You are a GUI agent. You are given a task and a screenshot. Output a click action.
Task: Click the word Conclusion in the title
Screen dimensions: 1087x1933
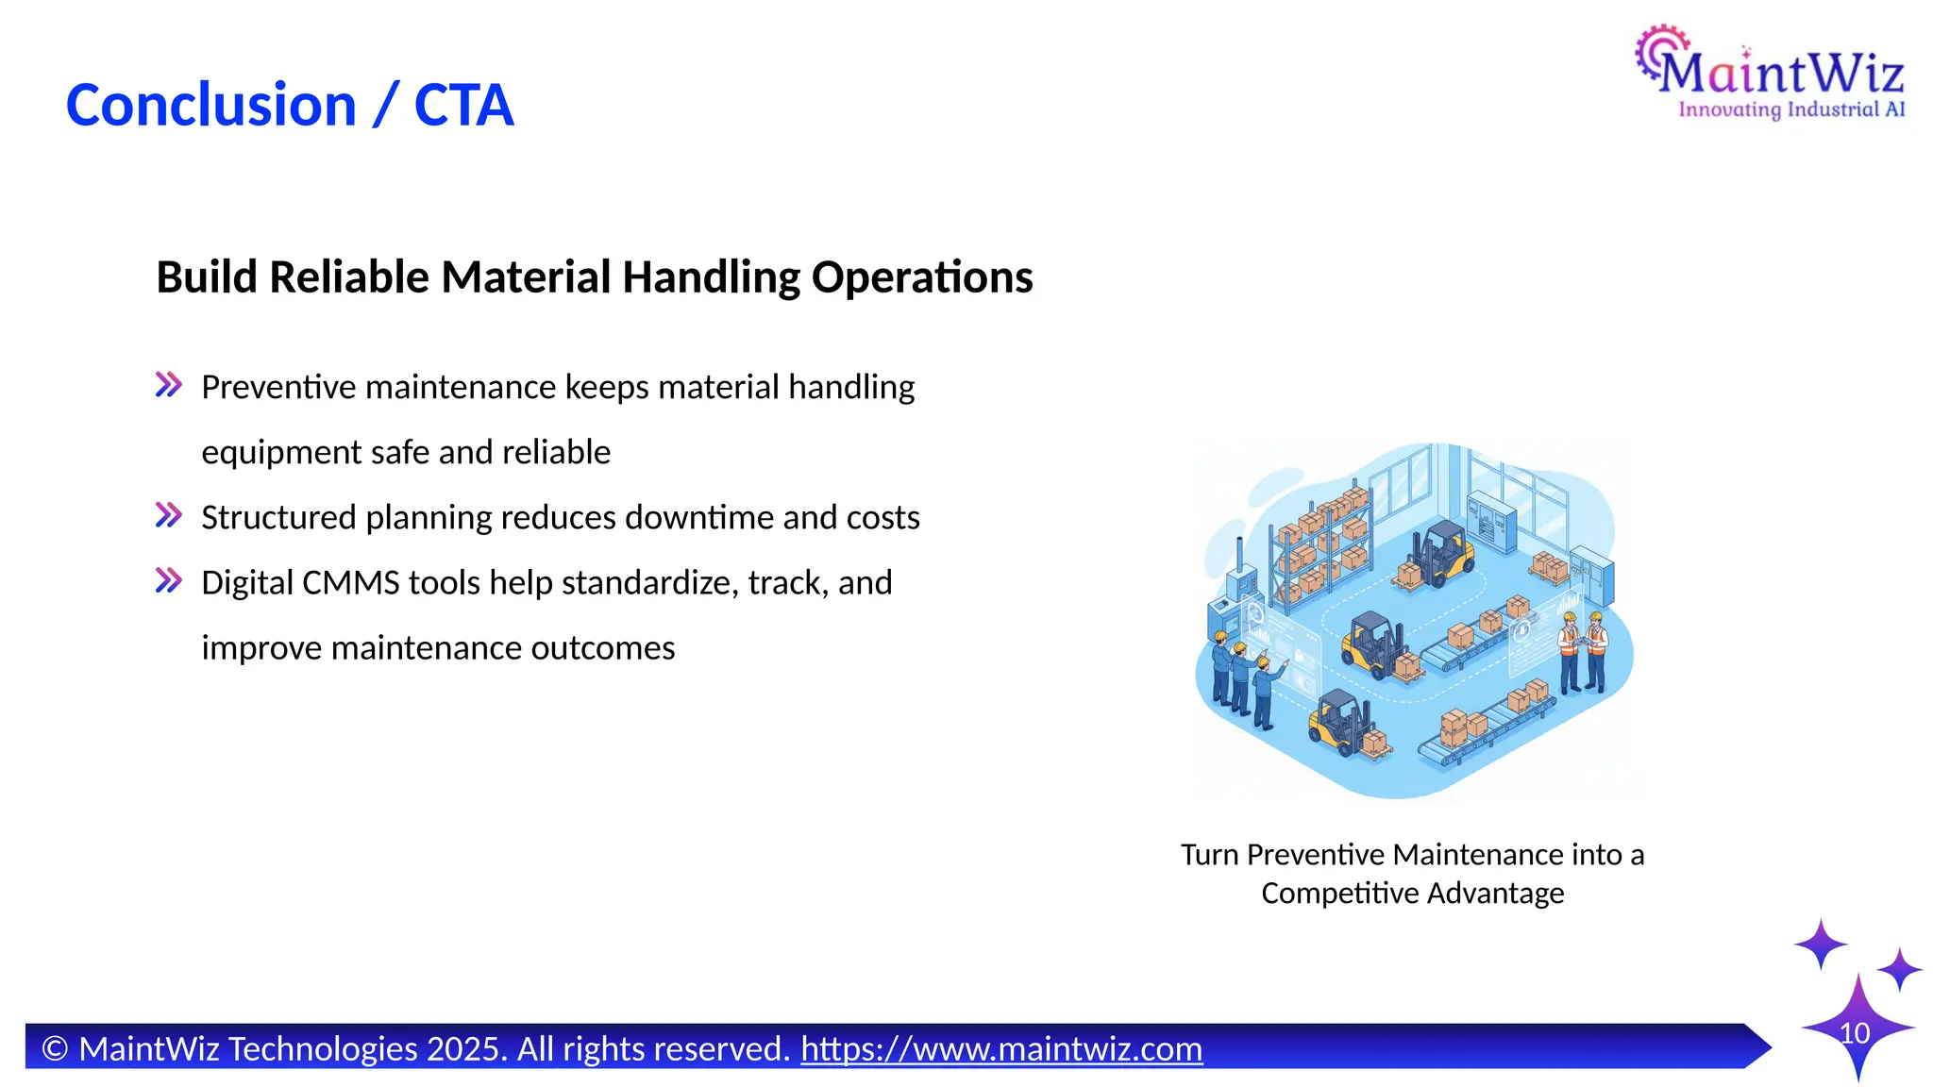click(x=210, y=105)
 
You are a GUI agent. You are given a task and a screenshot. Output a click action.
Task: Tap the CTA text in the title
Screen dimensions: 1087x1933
click(x=463, y=105)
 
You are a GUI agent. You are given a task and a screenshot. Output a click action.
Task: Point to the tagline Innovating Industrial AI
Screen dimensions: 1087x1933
click(x=1790, y=110)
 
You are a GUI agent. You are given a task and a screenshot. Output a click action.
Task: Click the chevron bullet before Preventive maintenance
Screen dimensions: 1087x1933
click(x=169, y=385)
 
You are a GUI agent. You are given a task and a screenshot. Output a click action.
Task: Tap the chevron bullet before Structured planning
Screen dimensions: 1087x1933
click(x=169, y=515)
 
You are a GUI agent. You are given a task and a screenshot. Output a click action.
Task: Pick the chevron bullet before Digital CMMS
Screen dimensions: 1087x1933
click(x=169, y=580)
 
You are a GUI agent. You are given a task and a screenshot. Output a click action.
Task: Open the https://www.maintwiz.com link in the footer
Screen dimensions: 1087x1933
click(x=1001, y=1048)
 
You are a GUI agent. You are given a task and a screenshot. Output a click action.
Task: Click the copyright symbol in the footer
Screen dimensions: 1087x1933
click(x=55, y=1048)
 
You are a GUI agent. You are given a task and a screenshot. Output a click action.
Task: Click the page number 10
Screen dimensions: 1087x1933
click(x=1855, y=1033)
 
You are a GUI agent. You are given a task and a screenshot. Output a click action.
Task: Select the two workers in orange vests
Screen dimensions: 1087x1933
click(x=1582, y=651)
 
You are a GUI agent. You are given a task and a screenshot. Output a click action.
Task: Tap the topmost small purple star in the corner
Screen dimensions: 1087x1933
click(x=1820, y=944)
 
